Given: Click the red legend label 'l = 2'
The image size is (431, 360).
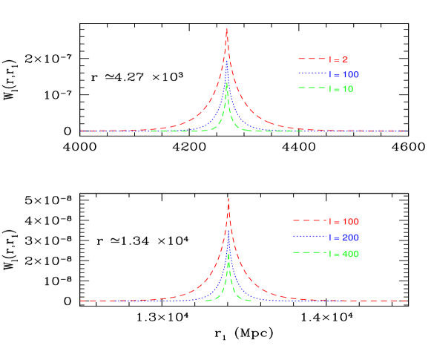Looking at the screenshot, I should click(x=340, y=59).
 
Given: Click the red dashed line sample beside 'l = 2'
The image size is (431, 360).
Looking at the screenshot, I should click(x=312, y=59).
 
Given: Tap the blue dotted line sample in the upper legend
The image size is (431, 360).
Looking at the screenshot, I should click(x=312, y=74).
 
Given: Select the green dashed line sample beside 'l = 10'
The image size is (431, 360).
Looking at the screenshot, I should click(x=312, y=89).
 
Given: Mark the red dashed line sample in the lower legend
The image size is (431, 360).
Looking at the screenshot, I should click(x=309, y=221).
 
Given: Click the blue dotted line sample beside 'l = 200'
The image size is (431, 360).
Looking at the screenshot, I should click(x=309, y=238).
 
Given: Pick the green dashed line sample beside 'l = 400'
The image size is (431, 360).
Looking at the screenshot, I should click(x=309, y=254).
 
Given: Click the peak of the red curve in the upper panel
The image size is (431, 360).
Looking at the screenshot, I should click(x=227, y=29).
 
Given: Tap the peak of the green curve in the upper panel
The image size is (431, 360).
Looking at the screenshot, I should click(x=227, y=83).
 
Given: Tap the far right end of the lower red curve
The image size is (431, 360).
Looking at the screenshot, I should click(x=407, y=301).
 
